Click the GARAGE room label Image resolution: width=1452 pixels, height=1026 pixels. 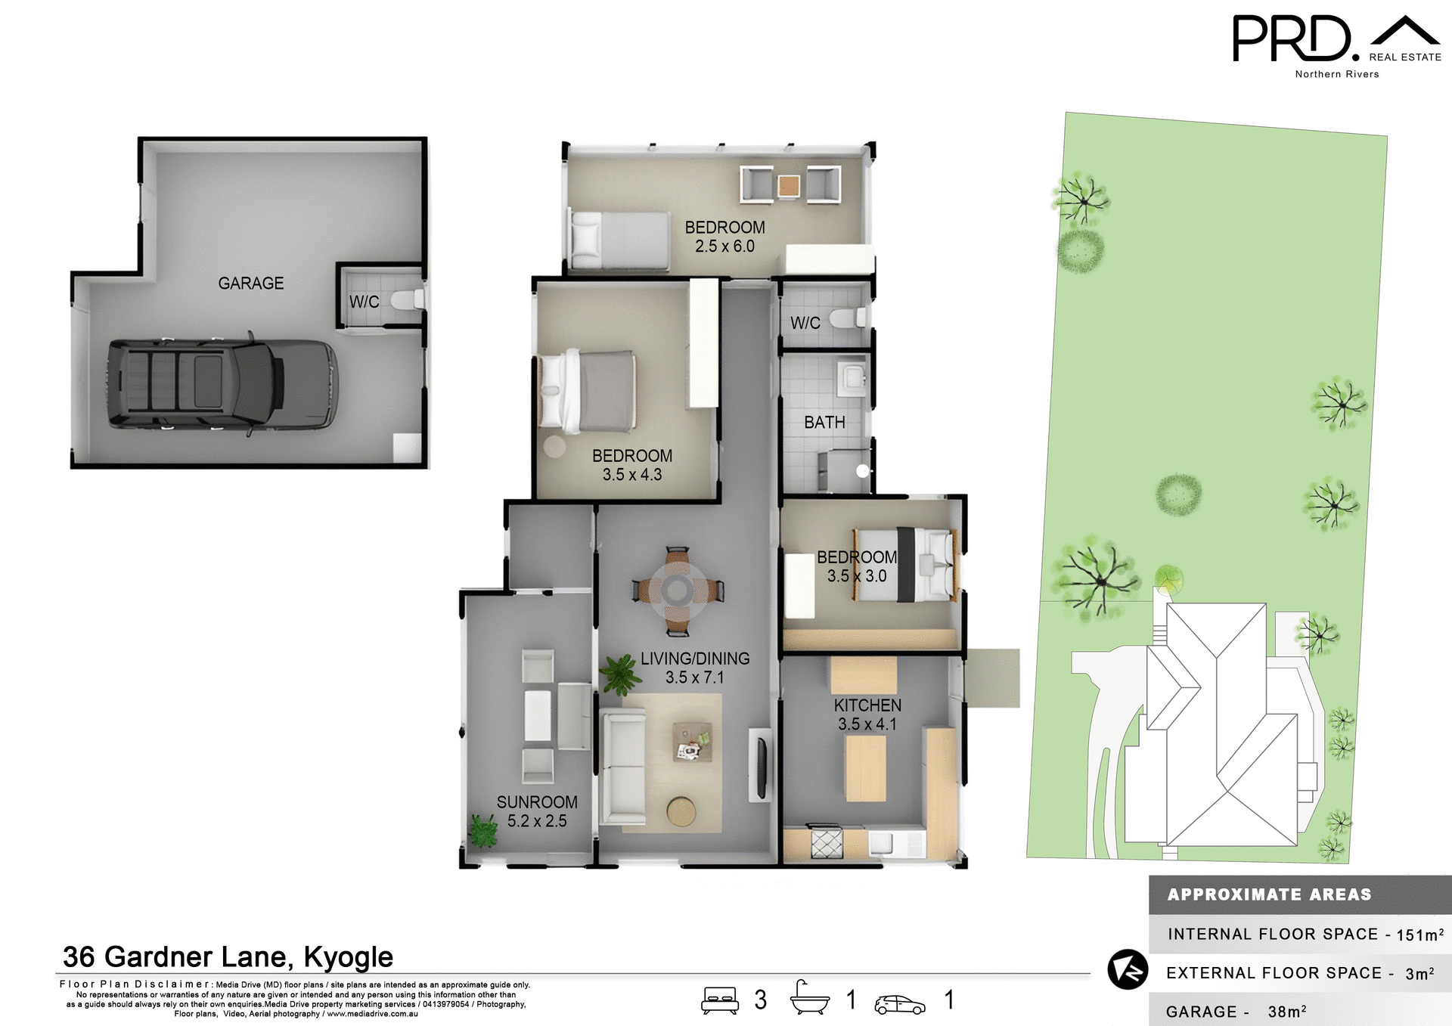(250, 284)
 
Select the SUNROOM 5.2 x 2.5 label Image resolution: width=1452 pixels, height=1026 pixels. (537, 811)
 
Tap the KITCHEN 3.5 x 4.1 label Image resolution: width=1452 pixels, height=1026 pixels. (867, 714)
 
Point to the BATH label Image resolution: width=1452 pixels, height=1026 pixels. (824, 423)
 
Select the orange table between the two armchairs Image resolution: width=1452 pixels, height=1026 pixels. (789, 185)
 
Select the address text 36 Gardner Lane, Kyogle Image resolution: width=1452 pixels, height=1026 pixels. (228, 957)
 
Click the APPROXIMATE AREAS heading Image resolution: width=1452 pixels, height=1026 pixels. (1269, 894)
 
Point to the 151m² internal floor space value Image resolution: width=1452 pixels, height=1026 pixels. (1419, 935)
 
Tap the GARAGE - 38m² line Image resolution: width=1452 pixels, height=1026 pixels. (1236, 1012)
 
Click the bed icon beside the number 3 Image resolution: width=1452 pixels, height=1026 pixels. (719, 1000)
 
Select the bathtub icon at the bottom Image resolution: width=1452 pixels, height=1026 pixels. (809, 1000)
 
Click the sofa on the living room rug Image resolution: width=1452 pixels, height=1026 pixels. (622, 766)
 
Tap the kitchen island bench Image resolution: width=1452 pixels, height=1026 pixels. (866, 767)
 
